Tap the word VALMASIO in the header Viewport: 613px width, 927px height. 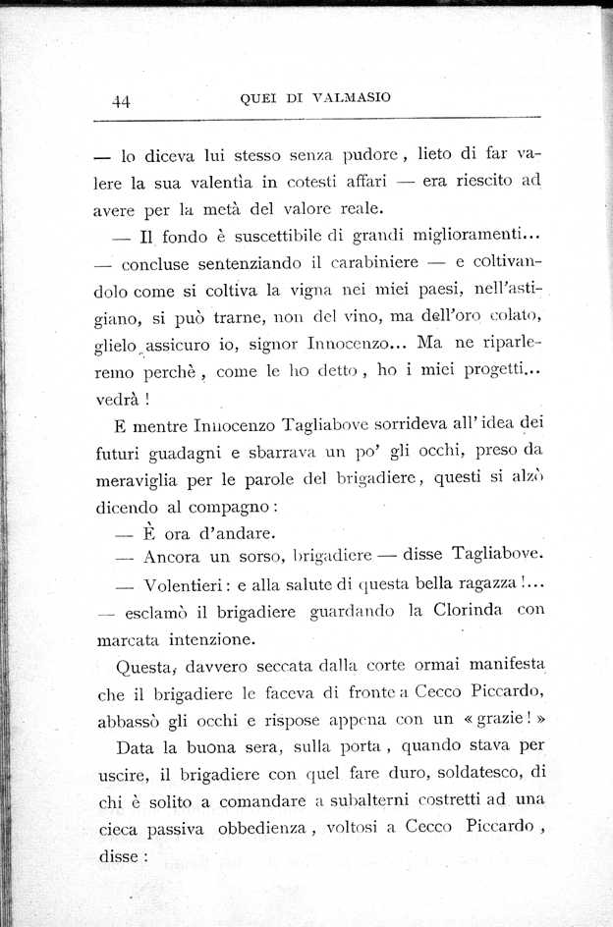(x=351, y=96)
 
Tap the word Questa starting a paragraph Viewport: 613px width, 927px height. (x=144, y=666)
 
